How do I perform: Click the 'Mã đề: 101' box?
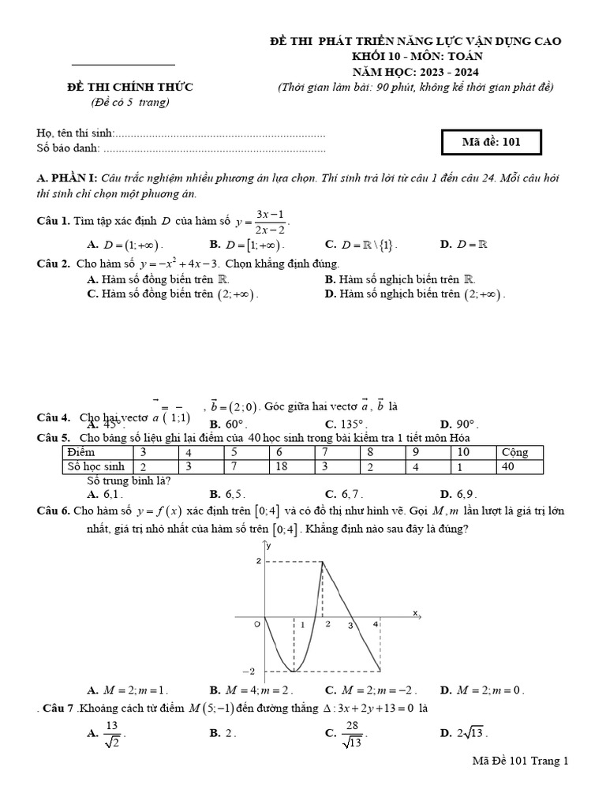491,142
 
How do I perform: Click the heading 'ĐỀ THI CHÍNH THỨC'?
130,87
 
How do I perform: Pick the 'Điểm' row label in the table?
81,452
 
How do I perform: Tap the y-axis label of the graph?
269,545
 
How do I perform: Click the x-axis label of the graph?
414,612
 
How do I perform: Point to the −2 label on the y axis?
249,671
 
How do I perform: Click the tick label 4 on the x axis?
376,623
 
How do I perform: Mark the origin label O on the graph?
256,623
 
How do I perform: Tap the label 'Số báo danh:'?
69,148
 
